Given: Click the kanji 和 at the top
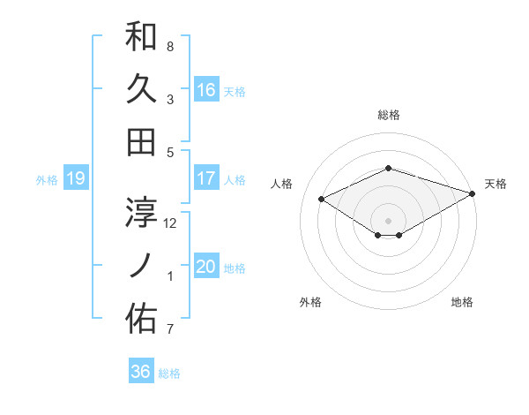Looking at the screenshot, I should [x=141, y=36].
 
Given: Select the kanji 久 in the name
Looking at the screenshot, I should [x=141, y=89].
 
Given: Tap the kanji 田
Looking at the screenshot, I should [x=141, y=141].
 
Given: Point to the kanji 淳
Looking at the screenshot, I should [x=141, y=213].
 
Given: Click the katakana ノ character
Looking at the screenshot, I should [x=141, y=265].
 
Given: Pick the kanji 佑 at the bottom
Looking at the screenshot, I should [x=141, y=319].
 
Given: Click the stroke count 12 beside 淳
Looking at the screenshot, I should [x=170, y=223].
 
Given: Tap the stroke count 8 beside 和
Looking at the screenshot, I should [x=170, y=46].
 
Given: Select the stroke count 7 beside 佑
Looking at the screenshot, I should [x=170, y=329].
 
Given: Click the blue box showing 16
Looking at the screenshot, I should [x=206, y=90].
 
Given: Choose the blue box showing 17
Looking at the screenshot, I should [x=206, y=178].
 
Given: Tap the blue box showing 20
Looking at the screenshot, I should [x=206, y=268].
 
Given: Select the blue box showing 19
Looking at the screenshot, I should [x=76, y=179].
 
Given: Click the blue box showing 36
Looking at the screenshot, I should [x=140, y=372].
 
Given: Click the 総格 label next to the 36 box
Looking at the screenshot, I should [x=169, y=373].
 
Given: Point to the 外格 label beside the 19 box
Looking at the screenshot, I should [x=47, y=180].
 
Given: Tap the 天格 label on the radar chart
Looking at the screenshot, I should [x=495, y=184].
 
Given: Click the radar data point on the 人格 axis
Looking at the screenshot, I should [x=322, y=199].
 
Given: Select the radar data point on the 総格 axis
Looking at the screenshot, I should [x=388, y=168].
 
